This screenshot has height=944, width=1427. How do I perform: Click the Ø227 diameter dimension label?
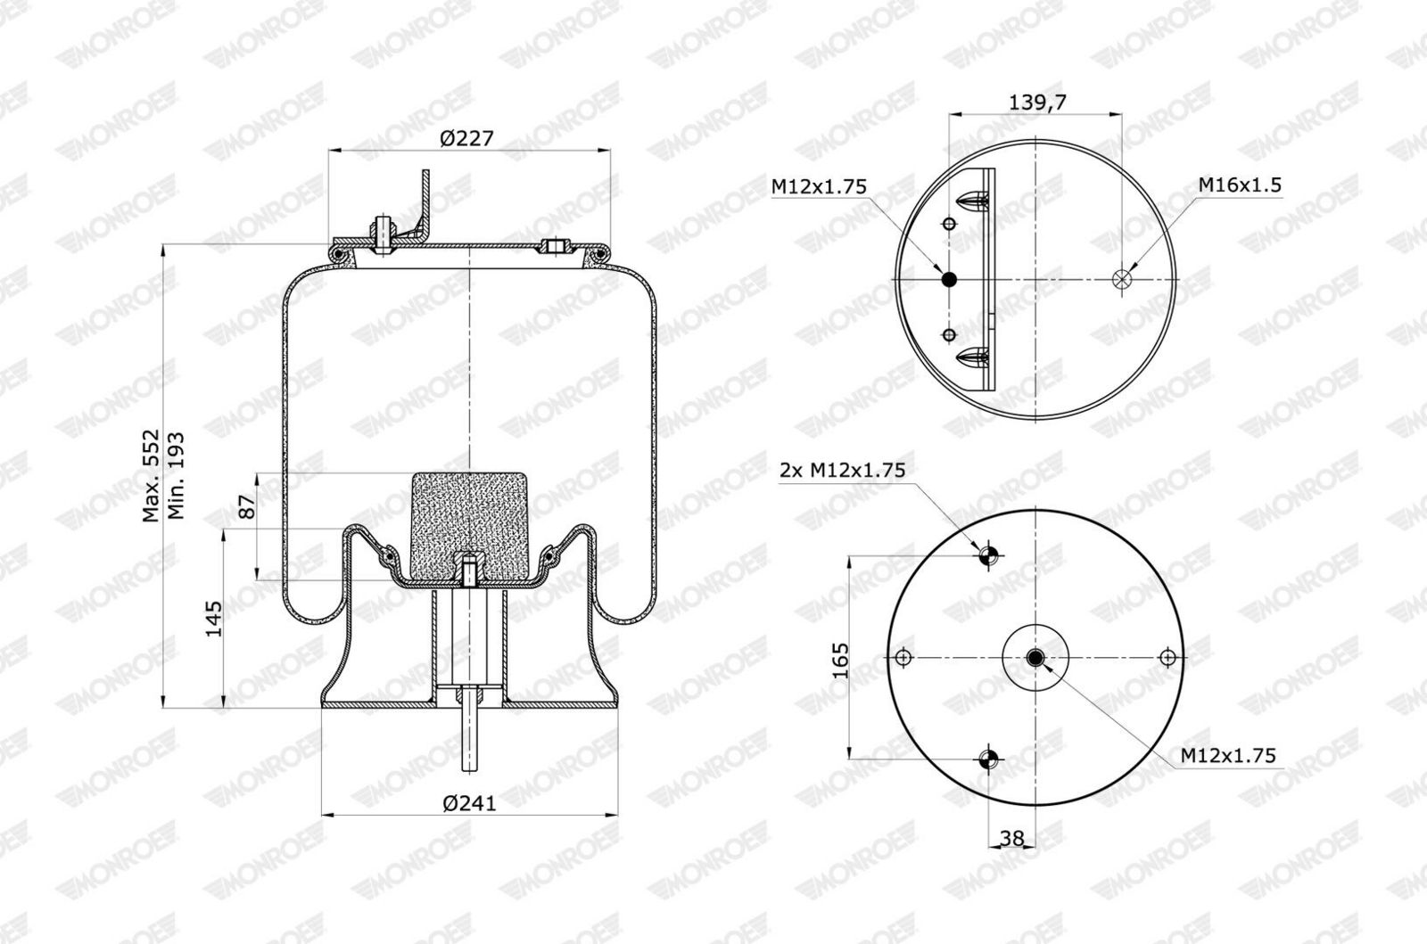coord(466,137)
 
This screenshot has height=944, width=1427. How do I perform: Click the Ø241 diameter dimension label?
coord(469,803)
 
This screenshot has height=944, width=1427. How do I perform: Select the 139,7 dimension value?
coord(1037,102)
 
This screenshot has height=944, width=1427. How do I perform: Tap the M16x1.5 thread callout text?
coord(1240,185)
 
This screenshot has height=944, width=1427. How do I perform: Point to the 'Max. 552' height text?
coord(151,475)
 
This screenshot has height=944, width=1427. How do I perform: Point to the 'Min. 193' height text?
coord(175,475)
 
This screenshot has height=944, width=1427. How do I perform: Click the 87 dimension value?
coord(246,506)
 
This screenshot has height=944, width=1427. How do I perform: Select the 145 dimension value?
coord(213,618)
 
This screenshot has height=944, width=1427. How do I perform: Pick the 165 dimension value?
coord(841,661)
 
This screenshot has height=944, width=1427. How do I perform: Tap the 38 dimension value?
coord(1011,838)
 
